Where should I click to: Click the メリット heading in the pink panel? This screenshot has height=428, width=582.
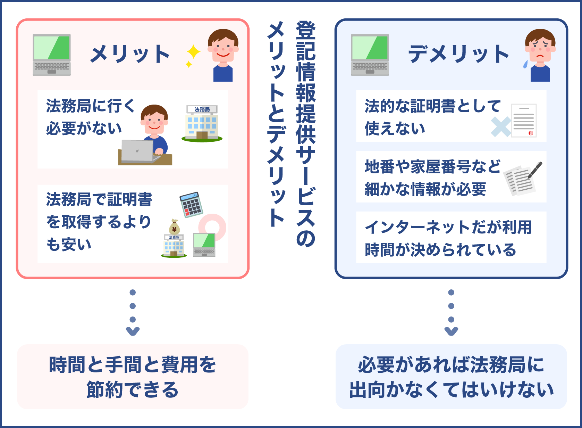[x=130, y=54]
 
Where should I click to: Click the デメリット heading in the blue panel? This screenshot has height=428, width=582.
[x=458, y=54]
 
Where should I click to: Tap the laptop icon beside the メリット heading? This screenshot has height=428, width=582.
[x=52, y=55]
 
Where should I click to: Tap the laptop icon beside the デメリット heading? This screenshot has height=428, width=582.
[x=370, y=55]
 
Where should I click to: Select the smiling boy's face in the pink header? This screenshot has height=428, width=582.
[x=223, y=47]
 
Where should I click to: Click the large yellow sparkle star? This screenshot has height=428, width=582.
[x=193, y=52]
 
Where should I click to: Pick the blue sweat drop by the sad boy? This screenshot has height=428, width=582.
[x=525, y=64]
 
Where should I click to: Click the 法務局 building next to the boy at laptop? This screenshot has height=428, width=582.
[x=202, y=123]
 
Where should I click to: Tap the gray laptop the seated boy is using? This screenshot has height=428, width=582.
[x=138, y=151]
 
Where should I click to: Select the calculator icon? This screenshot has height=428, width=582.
[x=191, y=205]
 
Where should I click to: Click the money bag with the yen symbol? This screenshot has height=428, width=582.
[x=174, y=228]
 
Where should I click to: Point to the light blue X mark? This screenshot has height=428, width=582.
[x=501, y=126]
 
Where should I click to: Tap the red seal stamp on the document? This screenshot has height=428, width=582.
[x=531, y=133]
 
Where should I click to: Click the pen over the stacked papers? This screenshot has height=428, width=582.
[x=535, y=170]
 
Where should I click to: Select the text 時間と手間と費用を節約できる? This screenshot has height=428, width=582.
[x=133, y=377]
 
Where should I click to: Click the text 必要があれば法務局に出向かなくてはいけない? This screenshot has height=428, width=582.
[x=451, y=377]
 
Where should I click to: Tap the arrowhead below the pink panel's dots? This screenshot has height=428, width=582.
[x=133, y=331]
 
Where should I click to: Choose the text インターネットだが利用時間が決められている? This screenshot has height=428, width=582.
[x=448, y=238]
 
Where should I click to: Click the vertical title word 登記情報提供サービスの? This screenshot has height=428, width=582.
[x=306, y=134]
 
